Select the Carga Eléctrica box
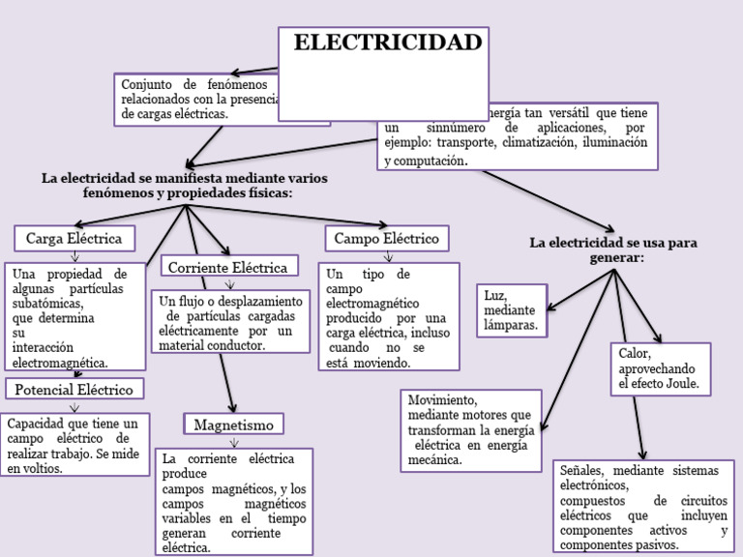coord(74,238)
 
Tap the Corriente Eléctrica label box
coord(228,267)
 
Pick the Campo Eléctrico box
coord(386,238)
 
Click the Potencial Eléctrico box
coord(74,389)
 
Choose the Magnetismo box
coord(233,425)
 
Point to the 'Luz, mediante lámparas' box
coord(512,310)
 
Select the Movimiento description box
coord(470,429)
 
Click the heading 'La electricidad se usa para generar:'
coord(613,249)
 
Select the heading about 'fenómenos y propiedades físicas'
coord(185,186)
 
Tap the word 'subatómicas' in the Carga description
coord(48,303)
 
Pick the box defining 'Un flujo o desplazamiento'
coord(230,323)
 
